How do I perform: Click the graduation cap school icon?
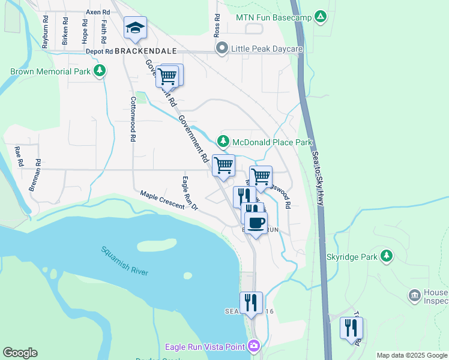coord(136,28)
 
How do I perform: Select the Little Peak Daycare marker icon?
coord(222,48)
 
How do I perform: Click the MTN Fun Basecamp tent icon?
coord(321,17)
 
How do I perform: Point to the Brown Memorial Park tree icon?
coord(100,71)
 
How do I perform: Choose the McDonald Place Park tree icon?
coord(223,142)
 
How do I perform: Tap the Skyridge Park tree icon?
coord(387,256)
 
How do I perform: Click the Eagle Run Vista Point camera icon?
coord(255,346)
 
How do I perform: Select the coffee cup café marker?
coord(256,223)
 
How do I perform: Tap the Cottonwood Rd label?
coord(131,119)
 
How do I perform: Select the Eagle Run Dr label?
coord(190,193)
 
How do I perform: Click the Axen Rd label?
coord(98,12)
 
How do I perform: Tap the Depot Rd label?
coord(99,52)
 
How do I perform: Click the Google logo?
coord(20,353)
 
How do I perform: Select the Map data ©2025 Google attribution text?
coord(411,355)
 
